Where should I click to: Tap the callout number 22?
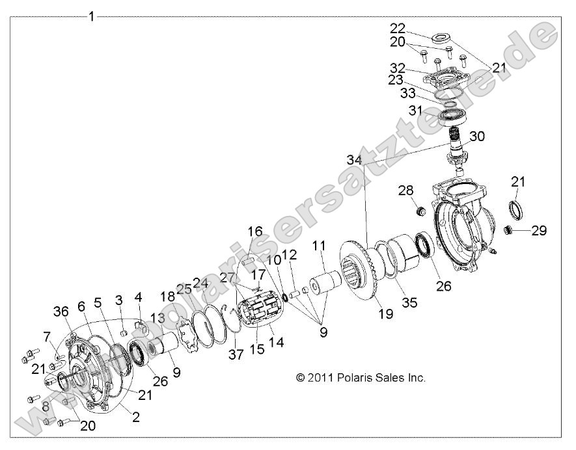tap(397, 29)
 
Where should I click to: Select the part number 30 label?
tap(477, 137)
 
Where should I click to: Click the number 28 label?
tap(405, 190)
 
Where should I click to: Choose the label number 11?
tap(319, 246)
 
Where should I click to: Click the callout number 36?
tap(60, 313)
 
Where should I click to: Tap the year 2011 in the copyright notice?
tap(320, 378)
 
